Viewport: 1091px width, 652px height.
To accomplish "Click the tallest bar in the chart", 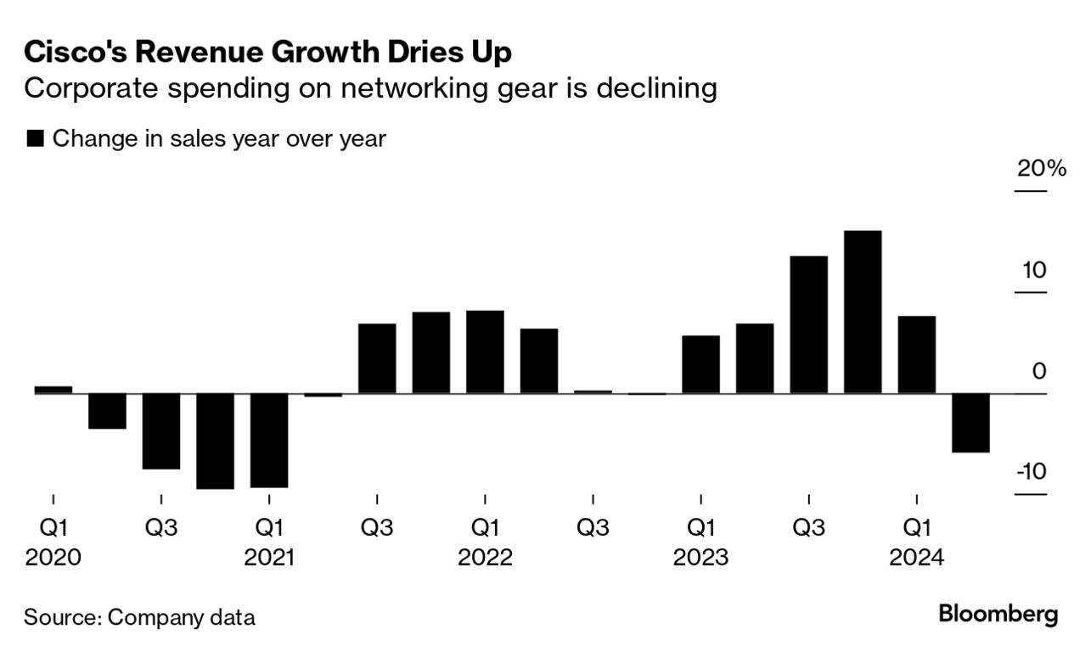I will click(x=863, y=312).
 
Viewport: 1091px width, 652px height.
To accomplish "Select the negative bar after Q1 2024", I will click(x=970, y=423).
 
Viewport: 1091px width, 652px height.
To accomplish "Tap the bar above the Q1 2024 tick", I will click(x=917, y=355).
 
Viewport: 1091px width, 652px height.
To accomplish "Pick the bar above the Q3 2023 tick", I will click(x=808, y=324).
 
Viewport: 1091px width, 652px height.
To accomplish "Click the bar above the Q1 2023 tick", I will click(x=700, y=364).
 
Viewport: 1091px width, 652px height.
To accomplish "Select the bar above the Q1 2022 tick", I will click(x=485, y=351).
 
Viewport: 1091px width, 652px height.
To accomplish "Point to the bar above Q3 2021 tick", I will click(x=377, y=358).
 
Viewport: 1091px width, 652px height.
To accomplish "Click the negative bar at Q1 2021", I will click(x=269, y=440).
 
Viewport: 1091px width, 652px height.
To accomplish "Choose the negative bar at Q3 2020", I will click(x=161, y=430).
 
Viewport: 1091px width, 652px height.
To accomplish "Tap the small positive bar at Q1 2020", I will click(x=53, y=390).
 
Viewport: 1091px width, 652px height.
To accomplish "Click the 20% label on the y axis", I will click(x=1041, y=169).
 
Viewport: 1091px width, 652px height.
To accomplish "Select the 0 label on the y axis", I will click(x=1038, y=371).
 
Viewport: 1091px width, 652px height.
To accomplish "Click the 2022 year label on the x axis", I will click(x=485, y=558).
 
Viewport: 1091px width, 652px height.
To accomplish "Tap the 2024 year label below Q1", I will click(x=916, y=558).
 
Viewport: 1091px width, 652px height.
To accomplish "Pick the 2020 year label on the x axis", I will click(x=53, y=558).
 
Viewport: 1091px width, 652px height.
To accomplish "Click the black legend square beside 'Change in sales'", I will click(x=36, y=139).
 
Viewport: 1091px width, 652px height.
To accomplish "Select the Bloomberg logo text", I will click(x=998, y=615).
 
